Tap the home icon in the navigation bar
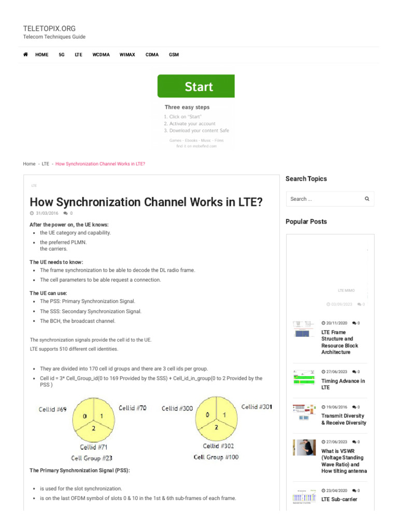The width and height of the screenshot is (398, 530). pos(25,54)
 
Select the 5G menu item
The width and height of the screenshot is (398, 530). pos(62,54)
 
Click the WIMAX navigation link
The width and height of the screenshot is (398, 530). pos(127,54)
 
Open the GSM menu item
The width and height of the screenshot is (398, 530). pos(174,54)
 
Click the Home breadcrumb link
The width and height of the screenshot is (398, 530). pos(29,164)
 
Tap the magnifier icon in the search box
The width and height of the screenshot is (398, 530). pos(367,199)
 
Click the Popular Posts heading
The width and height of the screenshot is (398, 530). pos(306,222)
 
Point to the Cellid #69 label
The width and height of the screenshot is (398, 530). pos(52,409)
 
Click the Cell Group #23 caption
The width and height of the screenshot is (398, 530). pos(92,458)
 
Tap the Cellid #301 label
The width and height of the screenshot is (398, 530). pos(257,407)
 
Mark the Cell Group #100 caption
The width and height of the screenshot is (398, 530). pos(216,457)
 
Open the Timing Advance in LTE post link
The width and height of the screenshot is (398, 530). pos(343,384)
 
